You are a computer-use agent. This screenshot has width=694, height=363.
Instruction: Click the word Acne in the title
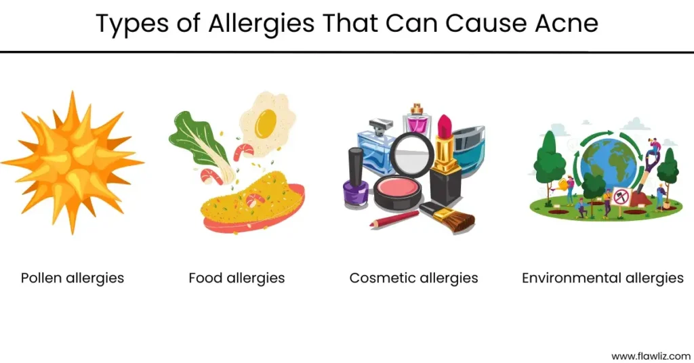567,23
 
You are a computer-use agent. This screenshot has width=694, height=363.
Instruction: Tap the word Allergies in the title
261,24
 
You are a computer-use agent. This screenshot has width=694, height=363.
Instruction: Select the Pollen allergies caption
73,278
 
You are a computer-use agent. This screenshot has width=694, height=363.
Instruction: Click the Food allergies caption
237,278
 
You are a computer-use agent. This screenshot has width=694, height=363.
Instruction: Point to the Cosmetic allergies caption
414,278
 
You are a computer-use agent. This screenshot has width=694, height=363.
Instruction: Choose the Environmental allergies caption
603,278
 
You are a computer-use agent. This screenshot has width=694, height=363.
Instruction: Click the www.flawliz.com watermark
651,356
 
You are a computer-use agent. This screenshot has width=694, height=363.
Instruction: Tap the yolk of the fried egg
265,122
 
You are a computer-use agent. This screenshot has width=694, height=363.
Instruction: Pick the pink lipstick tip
445,126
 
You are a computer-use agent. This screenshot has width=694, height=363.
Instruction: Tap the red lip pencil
394,219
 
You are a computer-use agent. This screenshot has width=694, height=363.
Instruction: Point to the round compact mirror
411,154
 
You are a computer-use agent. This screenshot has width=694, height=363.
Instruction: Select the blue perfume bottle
376,146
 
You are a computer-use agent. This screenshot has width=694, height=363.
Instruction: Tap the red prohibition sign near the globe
621,196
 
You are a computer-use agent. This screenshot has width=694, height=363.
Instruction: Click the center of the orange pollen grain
72,161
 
